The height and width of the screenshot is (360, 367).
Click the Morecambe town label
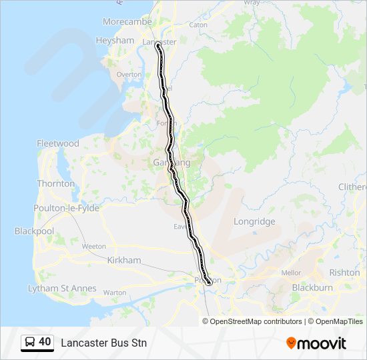(x=127, y=22)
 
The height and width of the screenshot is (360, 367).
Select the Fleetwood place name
(x=58, y=143)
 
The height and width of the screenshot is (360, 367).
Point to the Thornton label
(x=56, y=183)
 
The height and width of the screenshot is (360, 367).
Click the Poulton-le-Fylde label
(x=66, y=208)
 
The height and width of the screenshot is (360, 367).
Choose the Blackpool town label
(x=34, y=231)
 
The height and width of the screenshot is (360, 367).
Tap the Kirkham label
(x=124, y=260)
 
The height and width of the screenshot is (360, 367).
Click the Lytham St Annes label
(x=62, y=289)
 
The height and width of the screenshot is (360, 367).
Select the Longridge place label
(x=254, y=221)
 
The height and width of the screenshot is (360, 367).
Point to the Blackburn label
(x=312, y=288)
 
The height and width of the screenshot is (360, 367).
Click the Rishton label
(x=344, y=273)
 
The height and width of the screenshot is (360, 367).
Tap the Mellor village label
(x=292, y=273)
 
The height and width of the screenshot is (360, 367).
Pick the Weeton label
(x=94, y=246)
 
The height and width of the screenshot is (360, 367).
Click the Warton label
(x=115, y=292)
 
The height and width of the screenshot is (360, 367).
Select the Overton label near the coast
(x=129, y=75)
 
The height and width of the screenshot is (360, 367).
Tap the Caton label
(x=199, y=25)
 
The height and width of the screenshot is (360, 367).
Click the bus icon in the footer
(x=30, y=343)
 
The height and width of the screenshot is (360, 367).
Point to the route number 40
(x=45, y=342)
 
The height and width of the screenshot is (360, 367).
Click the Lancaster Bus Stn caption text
(x=103, y=343)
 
